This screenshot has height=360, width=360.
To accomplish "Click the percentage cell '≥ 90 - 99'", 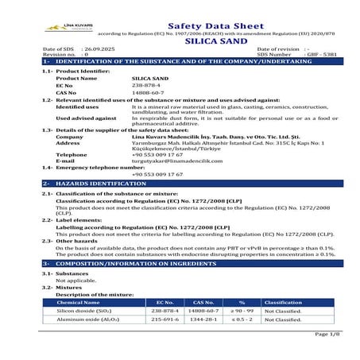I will pos(242,311).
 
